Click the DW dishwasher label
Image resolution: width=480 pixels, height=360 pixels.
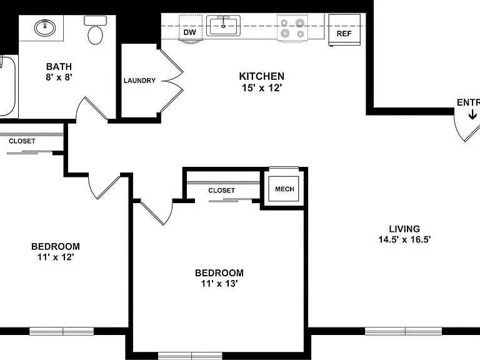click(190, 32)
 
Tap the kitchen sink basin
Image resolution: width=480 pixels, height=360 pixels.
click(223, 26)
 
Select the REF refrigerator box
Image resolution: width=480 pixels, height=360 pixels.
click(344, 30)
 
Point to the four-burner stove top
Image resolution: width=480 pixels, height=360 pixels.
click(292, 27)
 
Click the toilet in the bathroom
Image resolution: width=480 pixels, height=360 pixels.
click(95, 31)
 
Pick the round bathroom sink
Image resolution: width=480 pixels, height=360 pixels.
click(45, 28)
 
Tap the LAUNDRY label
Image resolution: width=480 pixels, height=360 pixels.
click(139, 81)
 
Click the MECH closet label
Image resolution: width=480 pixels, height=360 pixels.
click(284, 189)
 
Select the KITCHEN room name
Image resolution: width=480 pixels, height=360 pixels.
click(262, 76)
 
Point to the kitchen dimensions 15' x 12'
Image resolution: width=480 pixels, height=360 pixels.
click(262, 88)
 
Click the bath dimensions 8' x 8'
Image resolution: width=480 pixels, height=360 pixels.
click(59, 77)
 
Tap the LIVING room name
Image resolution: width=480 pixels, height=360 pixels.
click(404, 229)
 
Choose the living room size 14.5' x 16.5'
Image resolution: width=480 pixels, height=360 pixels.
click(404, 239)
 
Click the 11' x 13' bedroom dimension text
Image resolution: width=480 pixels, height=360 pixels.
click(219, 284)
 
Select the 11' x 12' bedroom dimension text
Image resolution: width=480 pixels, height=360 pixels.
click(56, 257)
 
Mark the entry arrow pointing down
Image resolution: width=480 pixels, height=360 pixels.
click(472, 115)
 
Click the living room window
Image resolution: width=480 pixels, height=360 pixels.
click(403, 331)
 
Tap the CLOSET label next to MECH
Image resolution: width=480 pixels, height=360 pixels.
click(222, 191)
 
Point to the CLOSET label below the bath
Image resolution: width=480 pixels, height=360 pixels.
click(22, 141)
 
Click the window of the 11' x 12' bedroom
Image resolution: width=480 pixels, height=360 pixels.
click(61, 331)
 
